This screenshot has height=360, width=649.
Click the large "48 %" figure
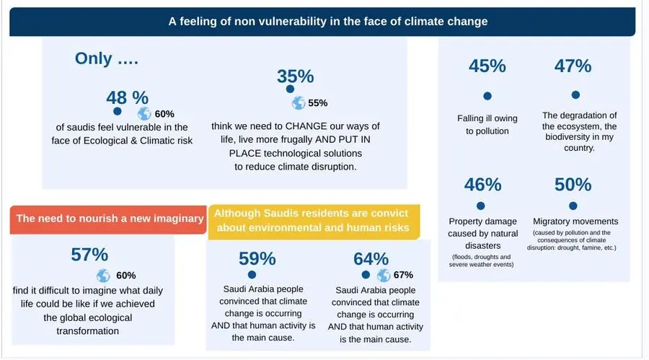[x=127, y=97]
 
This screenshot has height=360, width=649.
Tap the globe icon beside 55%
[x=298, y=103]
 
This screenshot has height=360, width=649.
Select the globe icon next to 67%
[x=383, y=275]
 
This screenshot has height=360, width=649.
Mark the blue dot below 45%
[x=487, y=95]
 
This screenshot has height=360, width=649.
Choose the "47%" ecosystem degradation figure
[x=573, y=66]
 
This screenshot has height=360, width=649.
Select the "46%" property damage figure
[x=482, y=185]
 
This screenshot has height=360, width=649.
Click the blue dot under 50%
[x=573, y=205]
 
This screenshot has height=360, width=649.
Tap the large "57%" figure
[x=89, y=254]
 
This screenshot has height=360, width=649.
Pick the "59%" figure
[x=257, y=258]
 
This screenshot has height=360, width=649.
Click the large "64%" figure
[x=371, y=258]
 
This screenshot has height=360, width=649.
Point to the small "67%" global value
[x=403, y=275]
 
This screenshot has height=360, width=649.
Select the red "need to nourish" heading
[x=108, y=219]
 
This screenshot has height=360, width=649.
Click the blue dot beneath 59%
[x=251, y=275]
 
